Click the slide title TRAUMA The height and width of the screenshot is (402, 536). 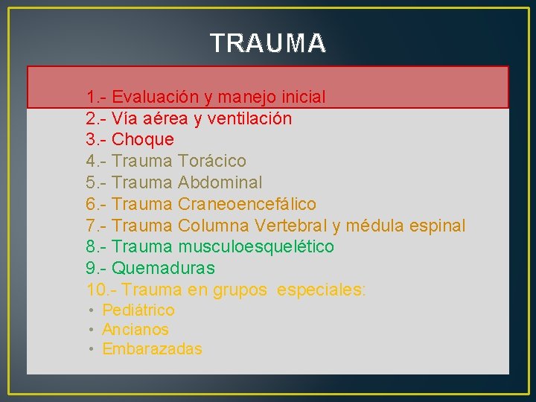point(268,43)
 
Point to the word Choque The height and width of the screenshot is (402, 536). point(143,139)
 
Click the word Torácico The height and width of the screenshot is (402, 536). point(212,161)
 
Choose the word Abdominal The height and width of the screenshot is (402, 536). point(220,182)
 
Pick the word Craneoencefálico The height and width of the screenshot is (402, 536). point(247,204)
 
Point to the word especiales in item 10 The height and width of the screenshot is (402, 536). point(321,290)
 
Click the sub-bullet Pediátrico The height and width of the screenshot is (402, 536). point(138,310)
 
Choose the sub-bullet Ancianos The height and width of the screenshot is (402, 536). point(135,330)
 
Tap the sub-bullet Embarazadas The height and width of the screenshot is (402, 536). point(152,349)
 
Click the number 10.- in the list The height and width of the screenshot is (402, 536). point(101,290)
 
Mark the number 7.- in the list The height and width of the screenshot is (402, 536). point(97,226)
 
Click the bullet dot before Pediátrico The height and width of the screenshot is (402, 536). point(90,310)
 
